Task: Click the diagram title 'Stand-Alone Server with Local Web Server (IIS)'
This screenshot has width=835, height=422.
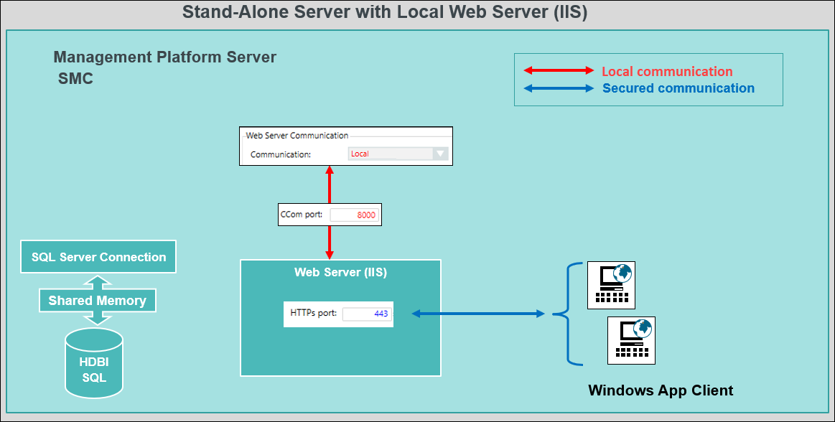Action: (385, 13)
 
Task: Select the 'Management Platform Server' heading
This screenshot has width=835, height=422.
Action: (164, 57)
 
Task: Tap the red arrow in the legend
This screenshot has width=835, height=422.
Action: (559, 71)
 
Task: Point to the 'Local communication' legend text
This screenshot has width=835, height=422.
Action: (666, 72)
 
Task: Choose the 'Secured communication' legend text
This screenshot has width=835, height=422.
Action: (678, 89)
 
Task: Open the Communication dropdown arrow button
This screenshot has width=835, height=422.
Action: (441, 154)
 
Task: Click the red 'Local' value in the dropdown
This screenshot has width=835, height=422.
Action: (360, 154)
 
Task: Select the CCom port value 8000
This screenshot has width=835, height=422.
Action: (354, 215)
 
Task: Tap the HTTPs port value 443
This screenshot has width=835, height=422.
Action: (367, 314)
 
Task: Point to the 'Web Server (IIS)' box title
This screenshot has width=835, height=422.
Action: (340, 273)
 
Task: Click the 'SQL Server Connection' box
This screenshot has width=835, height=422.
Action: (98, 258)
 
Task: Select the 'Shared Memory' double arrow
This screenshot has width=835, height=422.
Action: (97, 301)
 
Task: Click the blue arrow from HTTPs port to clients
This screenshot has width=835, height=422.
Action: (477, 314)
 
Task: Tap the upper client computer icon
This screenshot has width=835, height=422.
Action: (611, 285)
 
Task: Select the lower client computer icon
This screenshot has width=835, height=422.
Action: (631, 340)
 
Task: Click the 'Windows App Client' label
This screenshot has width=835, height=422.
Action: (661, 391)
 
